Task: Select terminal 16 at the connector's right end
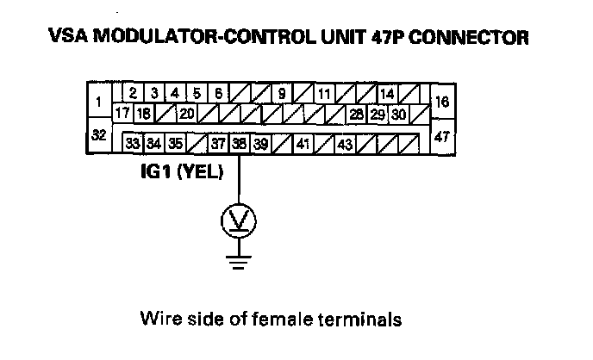click(443, 101)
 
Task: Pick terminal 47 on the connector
click(443, 135)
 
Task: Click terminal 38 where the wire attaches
click(239, 142)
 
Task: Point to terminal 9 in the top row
click(283, 93)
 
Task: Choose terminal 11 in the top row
click(323, 93)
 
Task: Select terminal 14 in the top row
click(385, 93)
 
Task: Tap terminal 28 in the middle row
click(356, 113)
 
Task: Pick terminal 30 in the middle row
click(398, 113)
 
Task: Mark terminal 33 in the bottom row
click(134, 142)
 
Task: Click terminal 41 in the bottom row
click(303, 142)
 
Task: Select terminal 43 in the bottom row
click(344, 142)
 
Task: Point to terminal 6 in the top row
click(218, 93)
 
